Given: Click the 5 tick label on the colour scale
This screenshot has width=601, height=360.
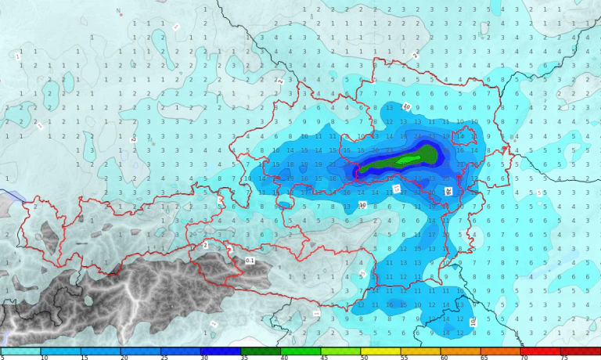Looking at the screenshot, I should point(2,357).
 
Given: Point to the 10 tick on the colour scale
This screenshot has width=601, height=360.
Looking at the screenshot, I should point(44,357).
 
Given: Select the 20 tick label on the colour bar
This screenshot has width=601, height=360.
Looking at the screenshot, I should point(124,357).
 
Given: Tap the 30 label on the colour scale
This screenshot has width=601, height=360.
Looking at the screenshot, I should point(204,357).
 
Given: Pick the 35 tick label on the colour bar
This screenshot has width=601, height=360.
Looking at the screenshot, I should point(244,357).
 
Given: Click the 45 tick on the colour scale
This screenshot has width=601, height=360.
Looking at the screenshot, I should point(324,357).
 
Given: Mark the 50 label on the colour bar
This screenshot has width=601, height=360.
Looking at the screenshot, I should point(365,357).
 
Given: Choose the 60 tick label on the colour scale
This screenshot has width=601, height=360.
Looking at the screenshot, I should point(444,357).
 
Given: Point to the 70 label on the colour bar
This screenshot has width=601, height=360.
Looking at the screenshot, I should point(524,357).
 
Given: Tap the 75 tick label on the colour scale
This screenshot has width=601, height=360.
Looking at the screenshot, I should point(564,357).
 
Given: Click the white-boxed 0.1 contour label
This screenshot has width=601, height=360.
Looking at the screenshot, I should point(250,260).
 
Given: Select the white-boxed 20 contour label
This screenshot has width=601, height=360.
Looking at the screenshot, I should point(448,191).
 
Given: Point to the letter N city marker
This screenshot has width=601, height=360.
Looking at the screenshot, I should point(118,12).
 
